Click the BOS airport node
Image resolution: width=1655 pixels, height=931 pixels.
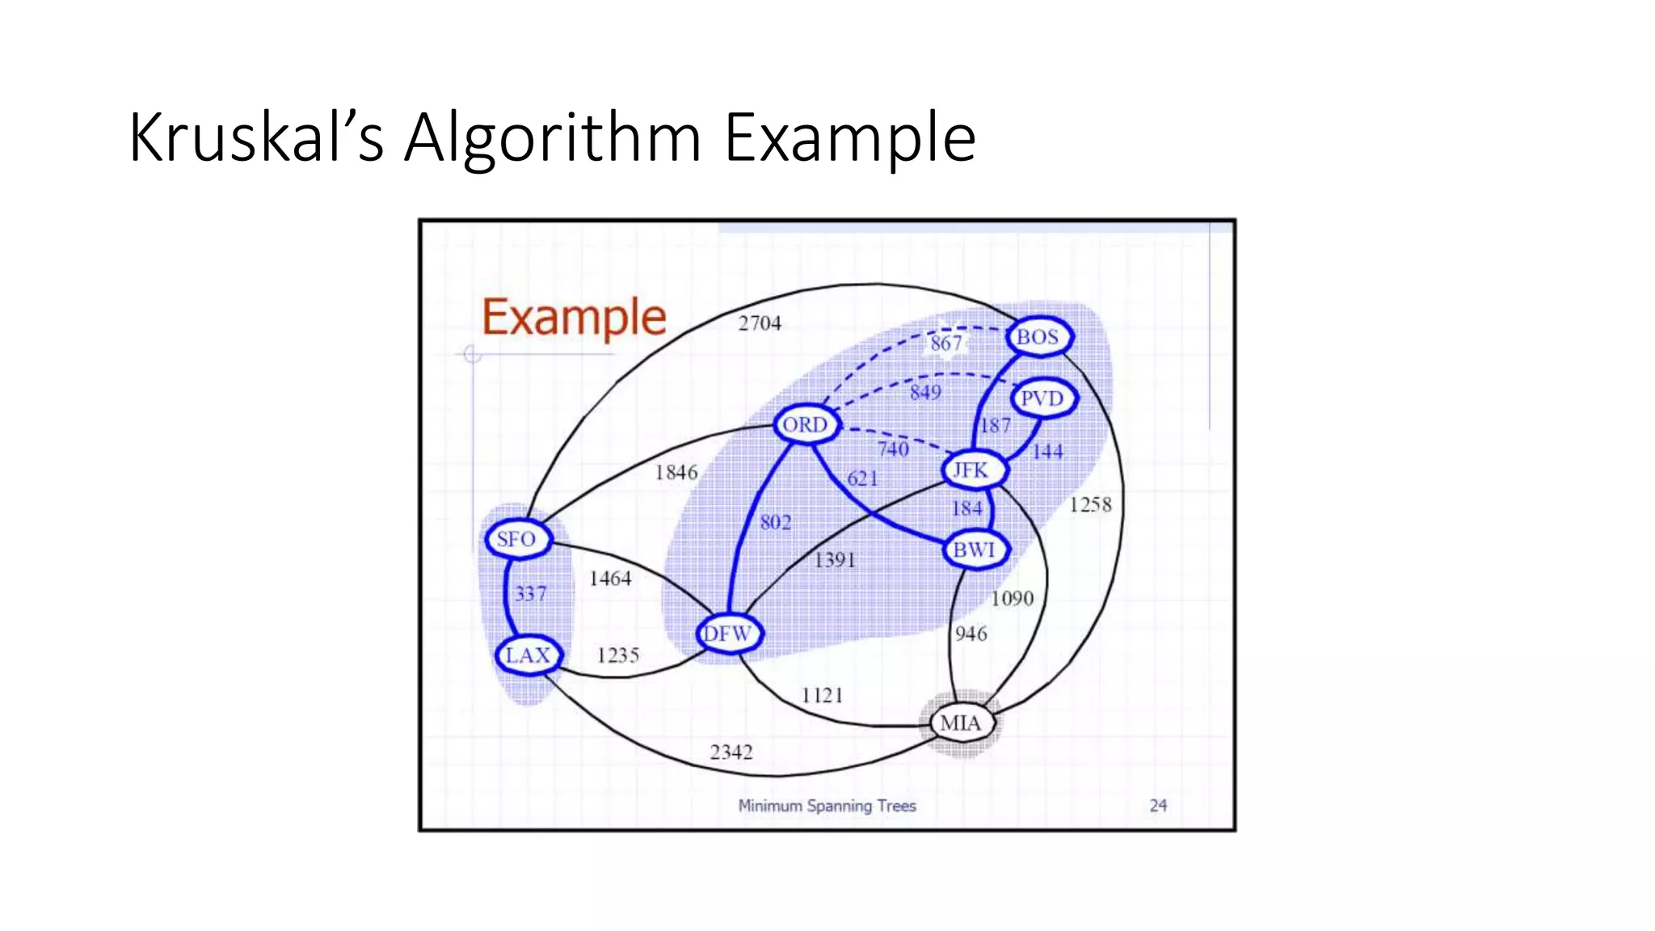click(1038, 336)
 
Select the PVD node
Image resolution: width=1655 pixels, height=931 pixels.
click(1042, 398)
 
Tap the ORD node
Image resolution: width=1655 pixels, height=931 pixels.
click(806, 424)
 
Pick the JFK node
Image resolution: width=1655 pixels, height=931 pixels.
click(972, 470)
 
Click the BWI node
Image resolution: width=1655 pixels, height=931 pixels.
click(975, 550)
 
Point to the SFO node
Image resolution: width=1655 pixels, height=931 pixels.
click(517, 539)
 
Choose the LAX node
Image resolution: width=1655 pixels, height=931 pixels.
click(528, 655)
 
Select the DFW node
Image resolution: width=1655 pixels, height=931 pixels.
click(728, 634)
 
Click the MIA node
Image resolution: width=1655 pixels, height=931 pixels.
click(961, 722)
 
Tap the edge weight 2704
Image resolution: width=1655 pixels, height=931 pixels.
click(760, 323)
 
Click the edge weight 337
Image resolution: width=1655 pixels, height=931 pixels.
click(531, 594)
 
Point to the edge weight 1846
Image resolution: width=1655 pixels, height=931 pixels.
click(676, 472)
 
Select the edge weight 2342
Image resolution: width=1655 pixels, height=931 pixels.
click(731, 752)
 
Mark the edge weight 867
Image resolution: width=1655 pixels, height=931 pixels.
click(945, 343)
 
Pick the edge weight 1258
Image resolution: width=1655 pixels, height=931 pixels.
click(1090, 505)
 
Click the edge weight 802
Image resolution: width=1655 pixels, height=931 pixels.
click(776, 522)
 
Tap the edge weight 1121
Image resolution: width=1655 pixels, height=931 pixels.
click(822, 695)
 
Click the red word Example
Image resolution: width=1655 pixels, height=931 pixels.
click(574, 317)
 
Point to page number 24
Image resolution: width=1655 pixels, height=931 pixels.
click(1158, 805)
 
